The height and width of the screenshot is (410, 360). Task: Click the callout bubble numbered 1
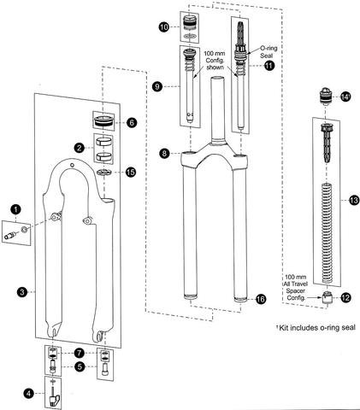tap(15, 209)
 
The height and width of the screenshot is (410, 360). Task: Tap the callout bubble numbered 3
tap(22, 292)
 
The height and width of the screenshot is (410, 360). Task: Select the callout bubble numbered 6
tap(132, 123)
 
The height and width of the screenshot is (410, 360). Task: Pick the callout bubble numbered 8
tap(164, 154)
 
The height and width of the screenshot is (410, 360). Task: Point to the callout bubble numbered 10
tap(164, 27)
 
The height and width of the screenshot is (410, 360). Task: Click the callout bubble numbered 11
tap(269, 66)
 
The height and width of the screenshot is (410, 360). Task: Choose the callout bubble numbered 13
tap(353, 201)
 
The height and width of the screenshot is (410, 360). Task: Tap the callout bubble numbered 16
tap(261, 299)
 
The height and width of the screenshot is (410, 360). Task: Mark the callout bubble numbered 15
tap(131, 173)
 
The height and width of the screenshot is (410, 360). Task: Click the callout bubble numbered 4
tap(29, 394)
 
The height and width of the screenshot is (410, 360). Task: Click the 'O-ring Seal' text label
tap(268, 51)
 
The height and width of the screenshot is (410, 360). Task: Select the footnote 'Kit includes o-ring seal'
tap(316, 328)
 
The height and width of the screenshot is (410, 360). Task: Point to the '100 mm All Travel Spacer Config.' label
tap(295, 287)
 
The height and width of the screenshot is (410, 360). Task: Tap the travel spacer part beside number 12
tap(328, 298)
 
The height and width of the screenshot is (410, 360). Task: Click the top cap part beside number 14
tap(326, 96)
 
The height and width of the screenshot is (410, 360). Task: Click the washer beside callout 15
tap(104, 173)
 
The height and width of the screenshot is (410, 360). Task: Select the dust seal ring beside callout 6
tap(104, 121)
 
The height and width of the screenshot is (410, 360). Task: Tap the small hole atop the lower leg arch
tap(72, 165)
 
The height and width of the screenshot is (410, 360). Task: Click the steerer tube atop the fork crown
tap(218, 109)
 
